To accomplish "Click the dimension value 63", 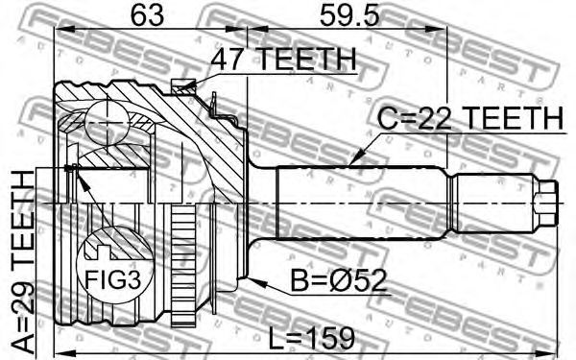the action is coord(147,14).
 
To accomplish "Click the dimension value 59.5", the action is coord(349,14).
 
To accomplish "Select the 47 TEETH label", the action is coord(283,60).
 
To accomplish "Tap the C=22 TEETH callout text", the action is coord(470,118).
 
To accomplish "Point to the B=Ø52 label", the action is coord(339,280).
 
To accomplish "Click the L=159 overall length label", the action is coord(311,338).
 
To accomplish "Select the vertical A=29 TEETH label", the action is coord(23,260).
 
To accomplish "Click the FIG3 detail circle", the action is coord(114,264).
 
